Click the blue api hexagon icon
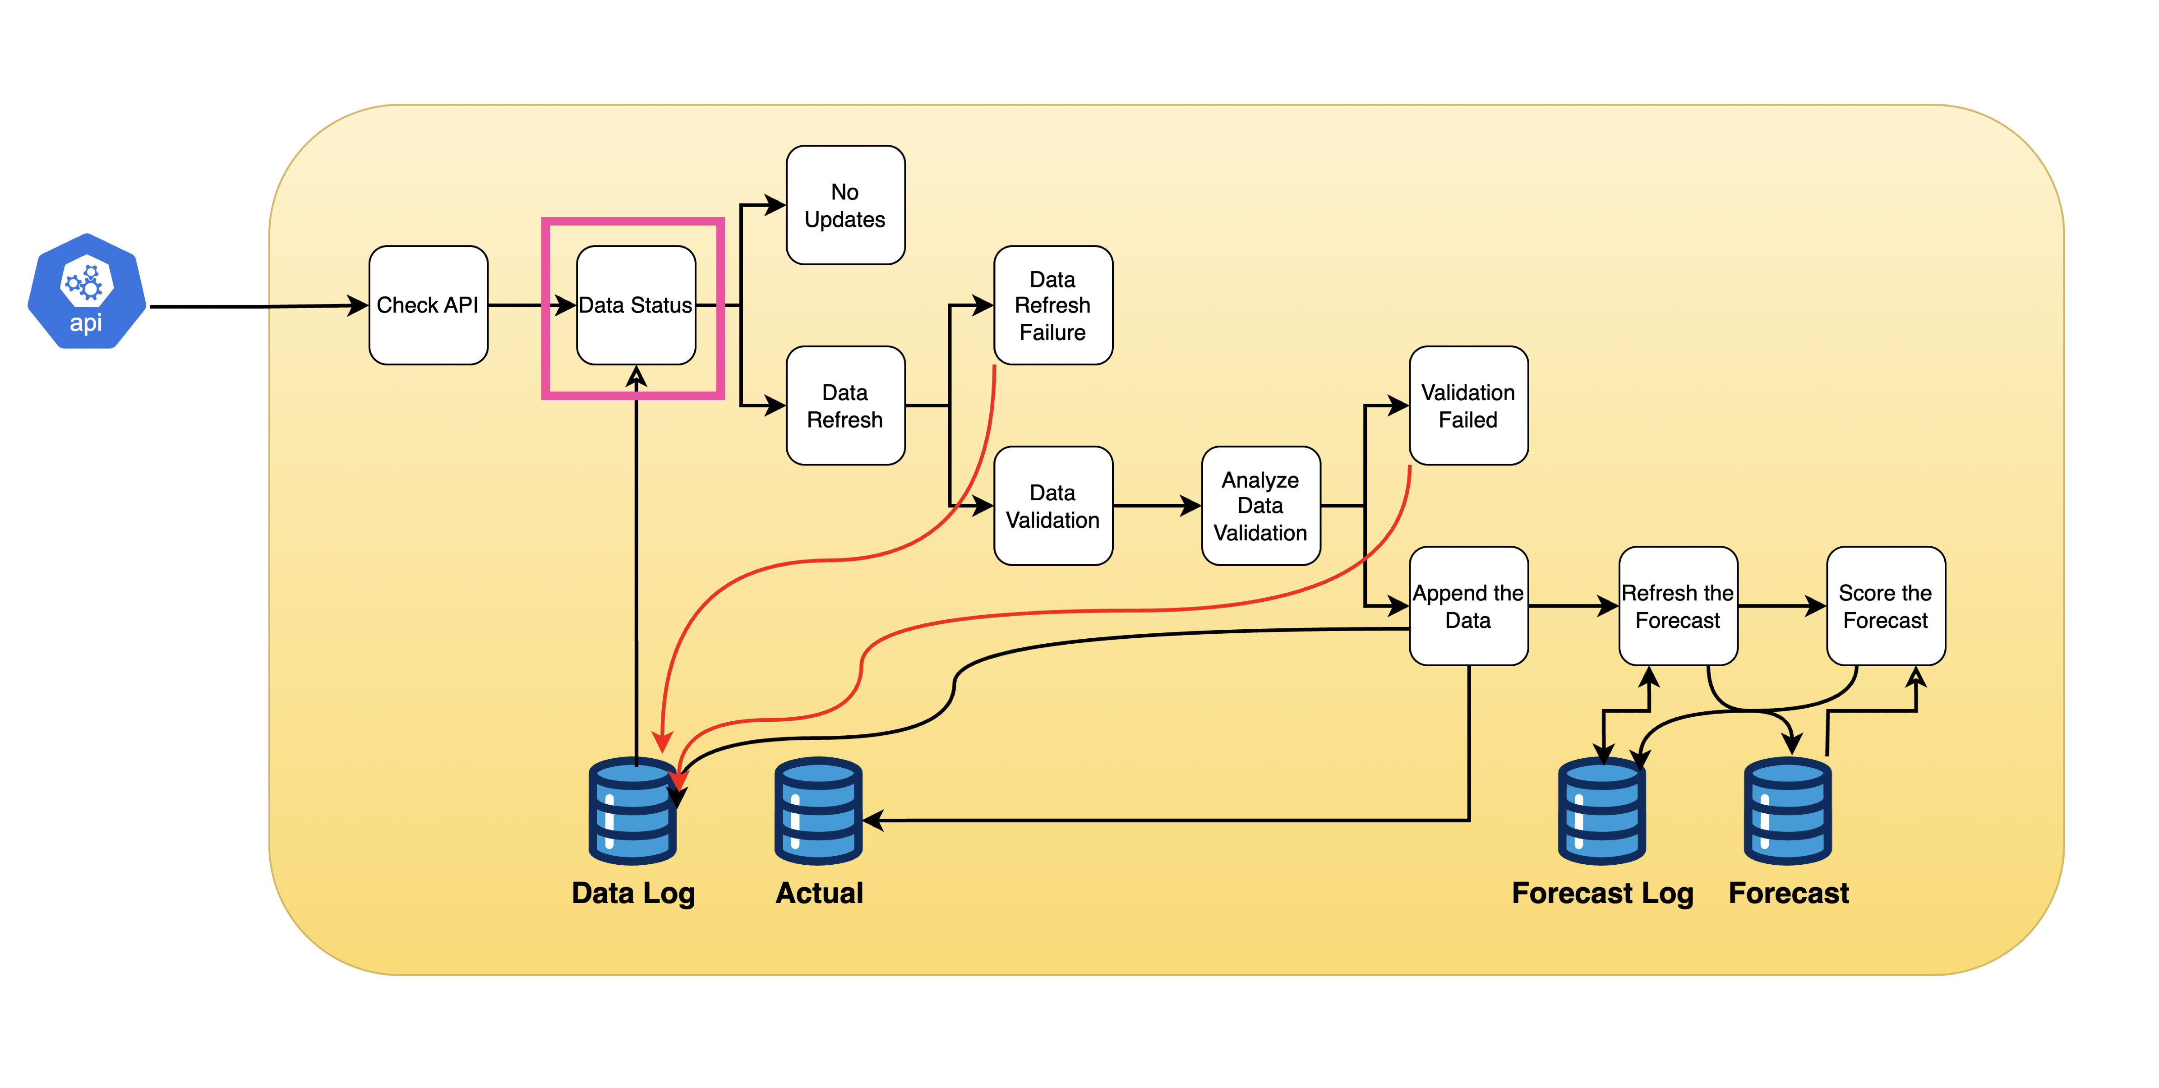pyautogui.click(x=86, y=291)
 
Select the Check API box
pyautogui.click(x=428, y=305)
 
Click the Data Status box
pyautogui.click(x=635, y=305)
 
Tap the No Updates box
pyautogui.click(x=845, y=205)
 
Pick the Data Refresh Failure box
pyautogui.click(x=1053, y=305)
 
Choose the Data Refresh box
pyautogui.click(x=845, y=406)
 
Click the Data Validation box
pyautogui.click(x=1053, y=506)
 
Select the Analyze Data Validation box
pyautogui.click(x=1260, y=506)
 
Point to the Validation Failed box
pyautogui.click(x=1468, y=406)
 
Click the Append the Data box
pyautogui.click(x=1468, y=606)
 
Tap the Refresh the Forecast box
pyautogui.click(x=1677, y=606)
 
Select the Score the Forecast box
pyautogui.click(x=1885, y=606)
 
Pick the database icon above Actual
pyautogui.click(x=818, y=811)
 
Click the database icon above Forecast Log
pyautogui.click(x=1601, y=811)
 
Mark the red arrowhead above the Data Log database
pyautogui.click(x=662, y=742)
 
